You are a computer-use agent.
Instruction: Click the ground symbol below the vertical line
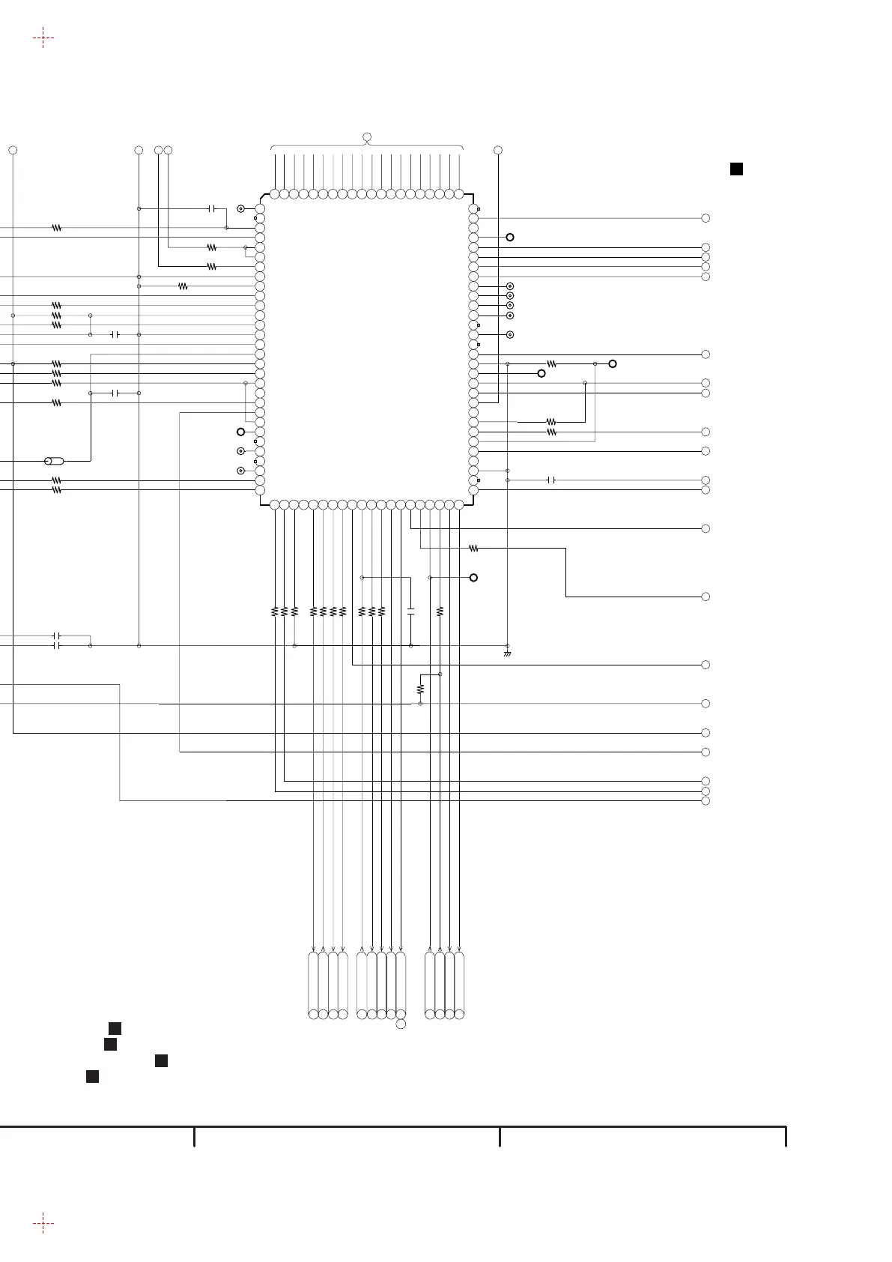click(507, 653)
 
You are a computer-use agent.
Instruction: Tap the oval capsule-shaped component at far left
click(54, 461)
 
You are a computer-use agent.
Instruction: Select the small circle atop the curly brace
click(367, 136)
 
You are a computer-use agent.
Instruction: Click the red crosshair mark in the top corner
click(43, 37)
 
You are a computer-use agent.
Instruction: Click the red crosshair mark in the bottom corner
click(43, 1224)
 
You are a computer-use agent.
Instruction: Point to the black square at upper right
click(736, 169)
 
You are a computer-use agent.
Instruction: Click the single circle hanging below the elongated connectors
click(401, 1024)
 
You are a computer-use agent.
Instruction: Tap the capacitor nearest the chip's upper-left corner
click(212, 208)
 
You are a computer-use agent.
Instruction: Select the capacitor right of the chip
click(551, 480)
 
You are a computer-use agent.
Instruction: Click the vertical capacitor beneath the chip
click(410, 612)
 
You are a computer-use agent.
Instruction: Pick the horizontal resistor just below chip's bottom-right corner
click(473, 549)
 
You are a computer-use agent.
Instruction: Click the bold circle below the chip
click(473, 578)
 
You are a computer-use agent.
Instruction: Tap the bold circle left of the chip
click(240, 432)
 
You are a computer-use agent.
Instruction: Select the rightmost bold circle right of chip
click(613, 363)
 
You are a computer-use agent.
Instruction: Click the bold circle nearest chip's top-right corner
click(510, 237)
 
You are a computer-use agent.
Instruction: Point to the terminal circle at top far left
click(13, 151)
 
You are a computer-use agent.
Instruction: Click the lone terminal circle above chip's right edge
click(498, 151)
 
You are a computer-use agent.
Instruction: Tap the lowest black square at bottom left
click(92, 1077)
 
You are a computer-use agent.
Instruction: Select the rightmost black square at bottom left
click(161, 1060)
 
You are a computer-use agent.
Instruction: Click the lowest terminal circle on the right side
click(706, 800)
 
